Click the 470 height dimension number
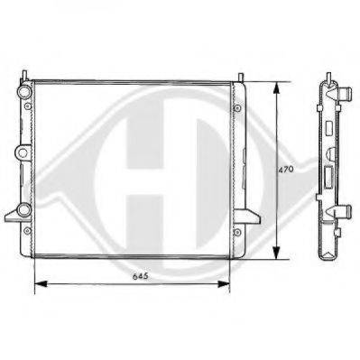click(285, 170)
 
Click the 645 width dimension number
click(141, 276)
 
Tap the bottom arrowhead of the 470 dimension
click(276, 253)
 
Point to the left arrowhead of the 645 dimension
click(42, 283)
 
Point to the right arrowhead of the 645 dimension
click(224, 283)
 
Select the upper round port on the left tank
click(24, 91)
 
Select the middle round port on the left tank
click(23, 152)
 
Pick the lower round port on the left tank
click(24, 209)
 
